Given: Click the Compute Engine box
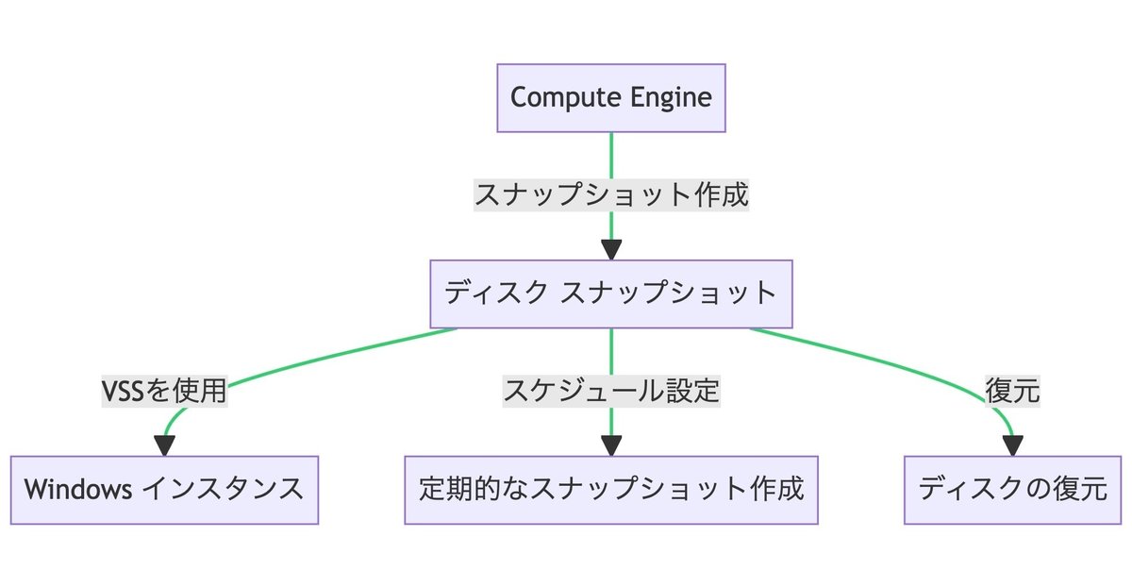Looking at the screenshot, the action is tap(611, 98).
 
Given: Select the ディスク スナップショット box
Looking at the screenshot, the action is tap(611, 293).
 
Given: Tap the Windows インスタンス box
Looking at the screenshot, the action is tap(164, 490).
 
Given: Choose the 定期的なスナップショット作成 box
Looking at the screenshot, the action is tap(611, 490).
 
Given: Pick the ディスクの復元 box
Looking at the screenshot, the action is tap(1012, 490).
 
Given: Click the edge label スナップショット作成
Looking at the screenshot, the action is tap(611, 194).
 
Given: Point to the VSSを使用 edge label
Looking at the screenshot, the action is tap(164, 391).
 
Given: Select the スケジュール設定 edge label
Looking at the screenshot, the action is tap(611, 391).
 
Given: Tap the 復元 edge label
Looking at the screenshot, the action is tap(1012, 391).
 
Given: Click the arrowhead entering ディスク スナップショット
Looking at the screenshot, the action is tap(611, 250).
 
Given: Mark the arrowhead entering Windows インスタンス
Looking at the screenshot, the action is tap(164, 445).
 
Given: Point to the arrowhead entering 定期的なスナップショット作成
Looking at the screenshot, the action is tap(611, 445).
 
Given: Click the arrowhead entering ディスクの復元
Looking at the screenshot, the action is tap(1012, 445).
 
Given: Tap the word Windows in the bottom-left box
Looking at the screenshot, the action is tap(78, 490).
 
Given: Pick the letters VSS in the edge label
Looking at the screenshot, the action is tap(123, 391).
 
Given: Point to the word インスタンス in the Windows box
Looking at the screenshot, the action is tap(223, 490).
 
